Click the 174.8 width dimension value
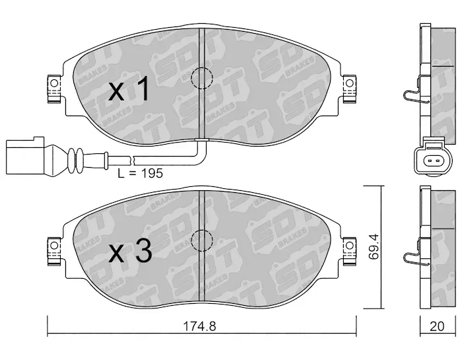(x=199, y=326)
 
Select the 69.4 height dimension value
(x=374, y=247)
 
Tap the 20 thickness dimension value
(x=437, y=326)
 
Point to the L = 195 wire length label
(x=140, y=173)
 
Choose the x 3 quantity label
(x=130, y=252)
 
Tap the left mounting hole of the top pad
(x=54, y=83)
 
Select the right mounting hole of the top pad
(x=349, y=83)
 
